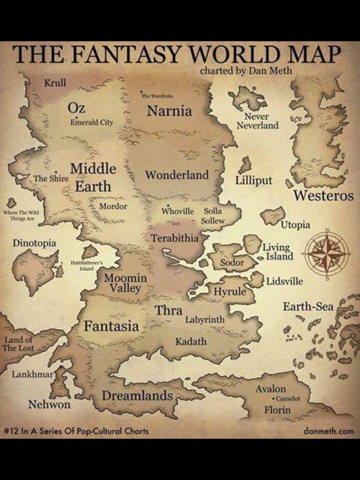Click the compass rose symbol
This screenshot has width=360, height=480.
tap(327, 253)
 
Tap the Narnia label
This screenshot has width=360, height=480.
tap(169, 111)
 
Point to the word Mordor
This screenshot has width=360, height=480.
tap(113, 206)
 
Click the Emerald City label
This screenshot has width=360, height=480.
tap(92, 122)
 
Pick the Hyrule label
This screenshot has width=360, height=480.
tap(230, 292)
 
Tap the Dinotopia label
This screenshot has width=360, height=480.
tap(34, 243)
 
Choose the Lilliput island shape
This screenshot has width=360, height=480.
tap(245, 165)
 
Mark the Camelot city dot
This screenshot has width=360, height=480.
tap(272, 398)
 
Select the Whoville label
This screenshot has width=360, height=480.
tap(178, 211)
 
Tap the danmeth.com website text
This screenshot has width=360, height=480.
tap(328, 431)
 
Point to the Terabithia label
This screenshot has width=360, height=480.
tap(174, 238)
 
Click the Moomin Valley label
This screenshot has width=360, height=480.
tap(125, 283)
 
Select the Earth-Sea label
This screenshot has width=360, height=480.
tap(308, 307)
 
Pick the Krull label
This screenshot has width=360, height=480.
tap(55, 83)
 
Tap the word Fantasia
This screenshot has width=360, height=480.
tap(111, 326)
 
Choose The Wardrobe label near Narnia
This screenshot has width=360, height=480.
tap(157, 96)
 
